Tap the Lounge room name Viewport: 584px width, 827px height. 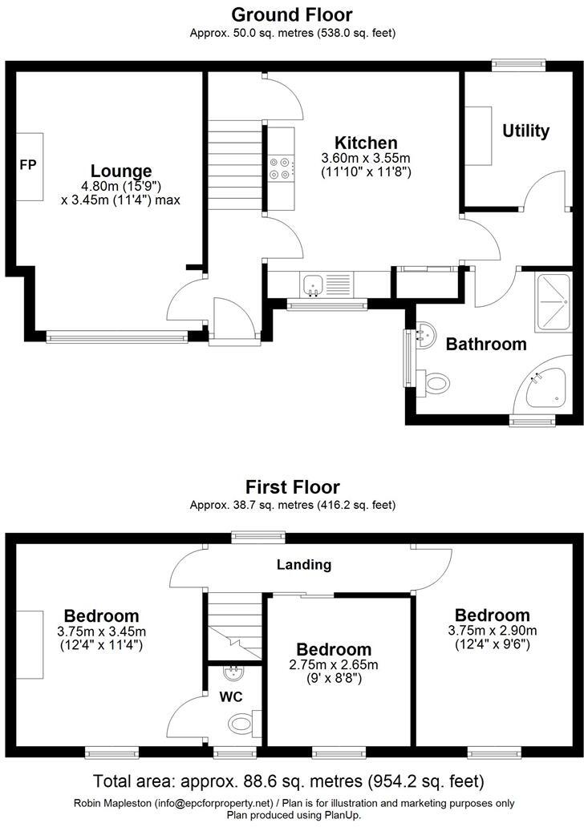[x=121, y=171]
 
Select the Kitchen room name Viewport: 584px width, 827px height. [x=366, y=143]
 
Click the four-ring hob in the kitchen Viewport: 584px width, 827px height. [x=281, y=165]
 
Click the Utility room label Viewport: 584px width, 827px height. [x=525, y=131]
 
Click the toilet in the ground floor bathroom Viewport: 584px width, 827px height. [x=436, y=383]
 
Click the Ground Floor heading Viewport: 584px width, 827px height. [x=292, y=14]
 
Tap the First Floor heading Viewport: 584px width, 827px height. [x=292, y=487]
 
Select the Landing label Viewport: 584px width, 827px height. [x=304, y=565]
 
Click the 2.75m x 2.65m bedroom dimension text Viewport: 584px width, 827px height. [x=334, y=664]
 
